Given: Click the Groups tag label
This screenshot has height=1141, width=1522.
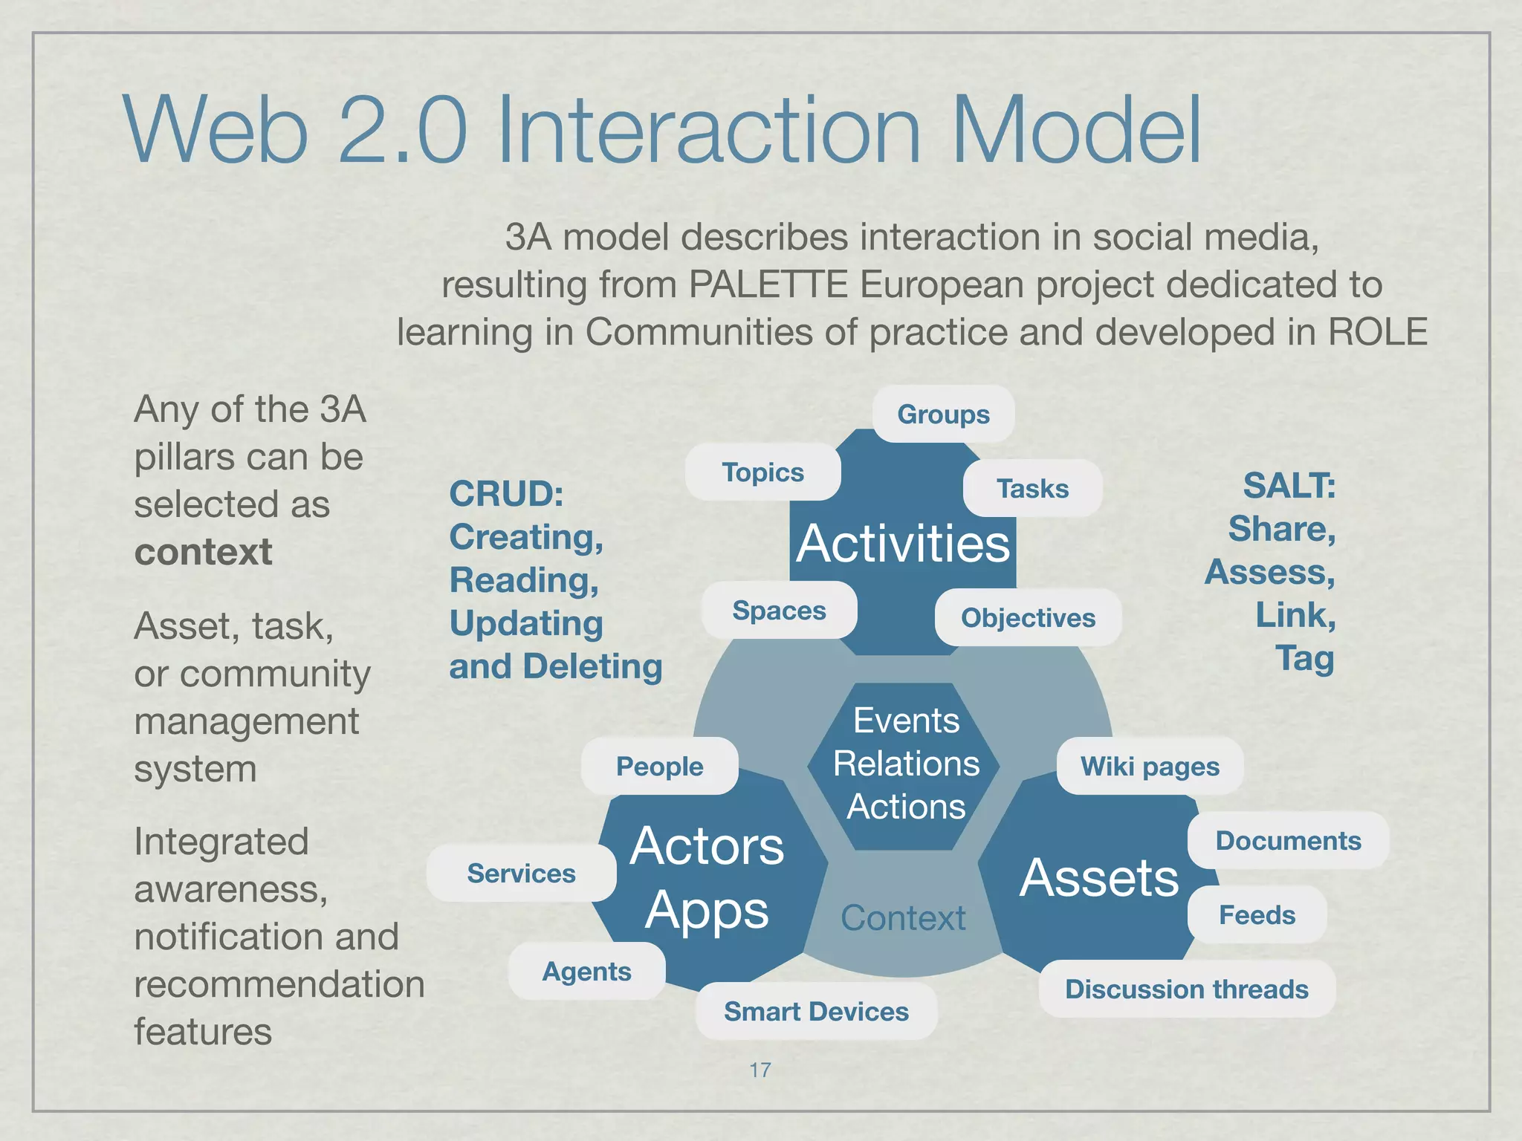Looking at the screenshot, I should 943,414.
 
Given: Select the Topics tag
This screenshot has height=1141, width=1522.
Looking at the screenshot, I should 763,472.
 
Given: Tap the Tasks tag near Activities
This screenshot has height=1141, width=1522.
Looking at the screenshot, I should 1032,489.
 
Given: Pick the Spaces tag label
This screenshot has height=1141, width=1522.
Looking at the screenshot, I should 779,611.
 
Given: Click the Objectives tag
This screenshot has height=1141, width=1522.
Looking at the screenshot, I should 1028,618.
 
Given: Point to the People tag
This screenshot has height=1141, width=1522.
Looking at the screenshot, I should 659,767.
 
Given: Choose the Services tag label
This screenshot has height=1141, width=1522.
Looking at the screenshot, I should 521,874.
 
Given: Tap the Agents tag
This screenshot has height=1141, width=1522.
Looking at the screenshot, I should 586,972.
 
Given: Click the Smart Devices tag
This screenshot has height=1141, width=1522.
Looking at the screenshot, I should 816,1012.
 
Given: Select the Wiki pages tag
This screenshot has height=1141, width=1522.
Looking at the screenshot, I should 1150,767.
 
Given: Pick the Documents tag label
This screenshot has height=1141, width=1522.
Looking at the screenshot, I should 1288,841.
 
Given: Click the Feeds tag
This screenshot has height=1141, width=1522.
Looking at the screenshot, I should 1257,915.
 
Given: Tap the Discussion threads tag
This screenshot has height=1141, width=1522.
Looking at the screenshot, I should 1186,989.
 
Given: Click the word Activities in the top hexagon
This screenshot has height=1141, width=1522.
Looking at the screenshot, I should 903,544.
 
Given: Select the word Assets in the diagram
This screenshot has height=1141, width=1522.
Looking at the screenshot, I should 1099,878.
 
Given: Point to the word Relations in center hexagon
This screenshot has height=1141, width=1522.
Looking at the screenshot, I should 906,764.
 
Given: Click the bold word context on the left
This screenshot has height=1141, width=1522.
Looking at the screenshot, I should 203,552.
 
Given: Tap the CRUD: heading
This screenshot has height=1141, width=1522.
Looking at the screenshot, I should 506,494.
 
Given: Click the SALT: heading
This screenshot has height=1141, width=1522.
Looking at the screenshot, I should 1289,486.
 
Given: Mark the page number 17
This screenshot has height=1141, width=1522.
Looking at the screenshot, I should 760,1070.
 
